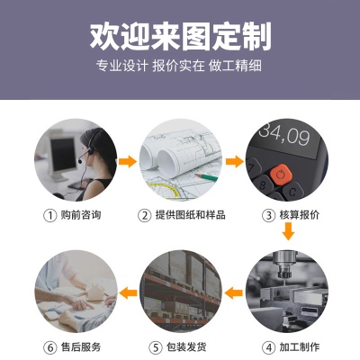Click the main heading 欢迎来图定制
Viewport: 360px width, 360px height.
pos(180,35)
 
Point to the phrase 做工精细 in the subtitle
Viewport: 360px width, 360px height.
pos(240,67)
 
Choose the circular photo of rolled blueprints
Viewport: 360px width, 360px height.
pos(180,162)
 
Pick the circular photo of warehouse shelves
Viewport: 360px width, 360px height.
pos(180,292)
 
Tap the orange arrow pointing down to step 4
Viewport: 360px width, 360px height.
pos(287,232)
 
